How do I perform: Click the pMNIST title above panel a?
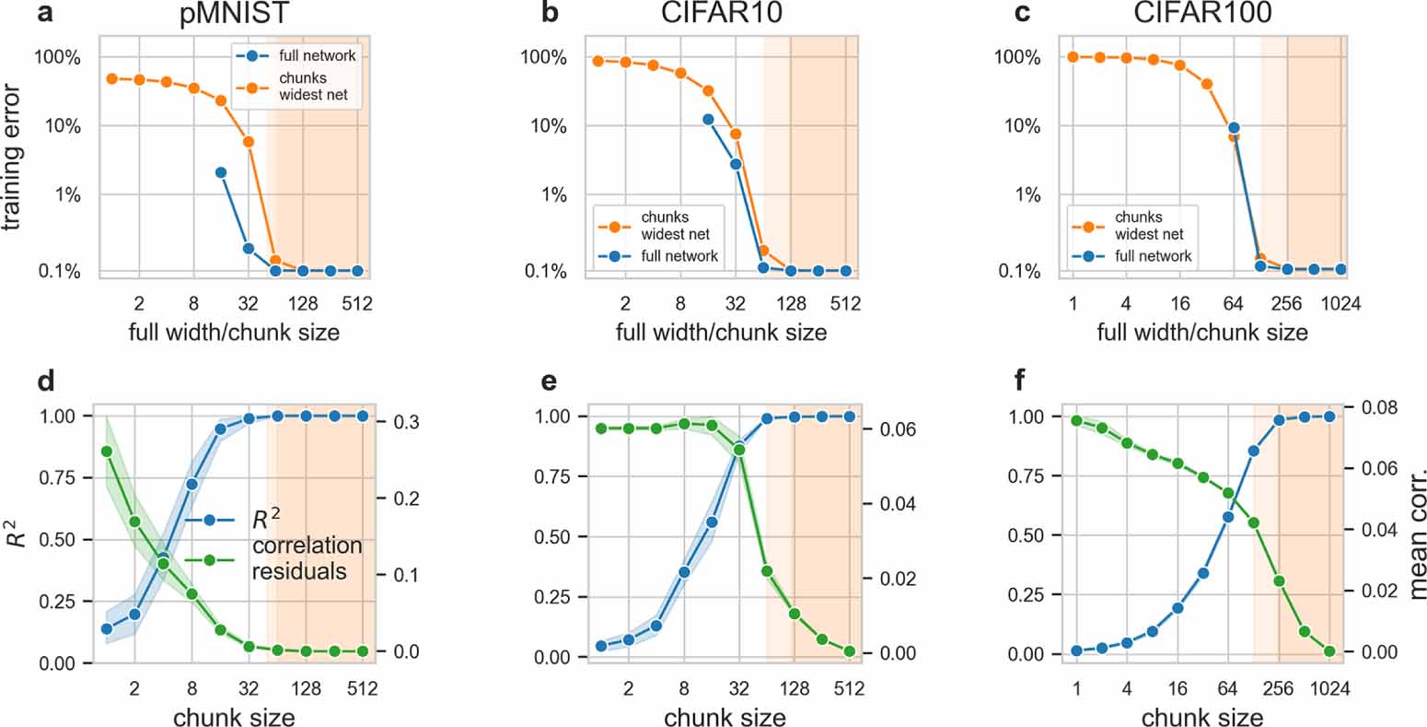pos(234,16)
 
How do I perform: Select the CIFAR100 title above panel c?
pos(1202,16)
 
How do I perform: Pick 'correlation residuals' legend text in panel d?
pos(307,557)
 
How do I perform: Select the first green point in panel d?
pos(107,451)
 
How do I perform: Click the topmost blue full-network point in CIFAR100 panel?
pos(1234,128)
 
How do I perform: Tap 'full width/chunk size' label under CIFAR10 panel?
pos(721,333)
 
